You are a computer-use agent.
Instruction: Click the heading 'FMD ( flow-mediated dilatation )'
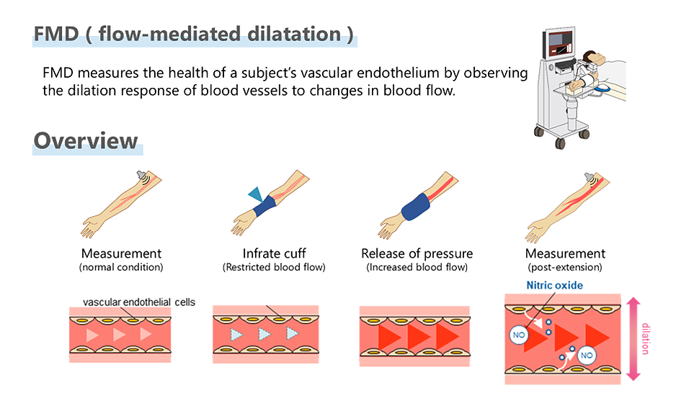193,34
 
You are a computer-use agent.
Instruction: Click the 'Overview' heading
86,140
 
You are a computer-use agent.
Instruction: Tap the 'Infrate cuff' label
274,253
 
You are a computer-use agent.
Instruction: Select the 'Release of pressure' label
417,253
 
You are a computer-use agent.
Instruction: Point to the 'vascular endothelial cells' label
139,302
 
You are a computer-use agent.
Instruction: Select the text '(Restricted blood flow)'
274,267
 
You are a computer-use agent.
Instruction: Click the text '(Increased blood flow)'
417,267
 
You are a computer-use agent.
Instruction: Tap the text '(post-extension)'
565,267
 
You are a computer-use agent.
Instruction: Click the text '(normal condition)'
121,267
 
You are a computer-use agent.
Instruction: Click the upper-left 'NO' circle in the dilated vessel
518,334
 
